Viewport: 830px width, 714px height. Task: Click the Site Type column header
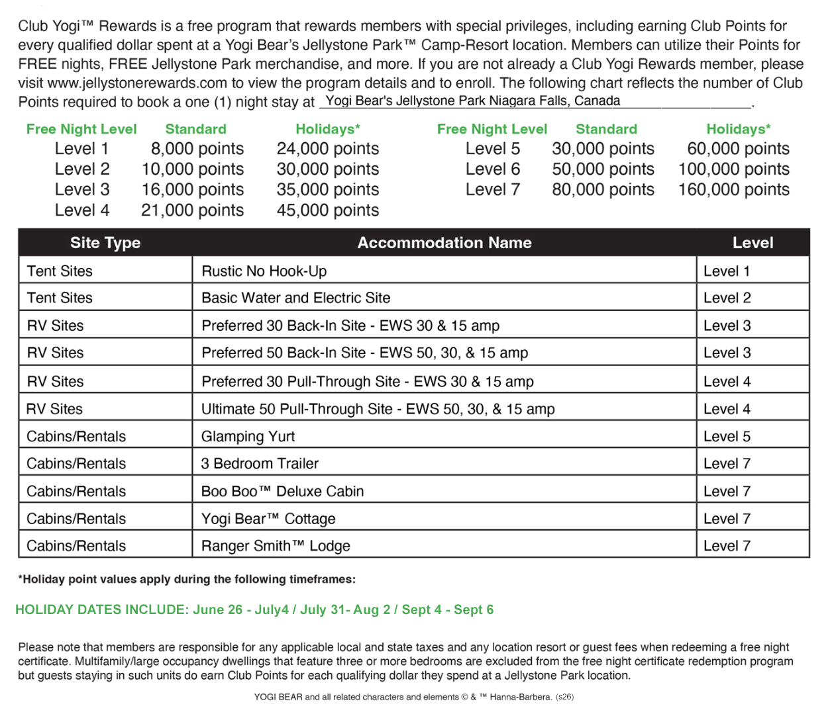coord(105,243)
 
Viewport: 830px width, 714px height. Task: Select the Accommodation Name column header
coord(444,243)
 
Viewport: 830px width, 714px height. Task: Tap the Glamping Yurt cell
coord(248,437)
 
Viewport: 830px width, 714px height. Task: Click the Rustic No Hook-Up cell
coord(264,271)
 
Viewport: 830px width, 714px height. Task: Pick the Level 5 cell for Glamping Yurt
coord(727,437)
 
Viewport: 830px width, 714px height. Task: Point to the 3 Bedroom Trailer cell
coord(260,464)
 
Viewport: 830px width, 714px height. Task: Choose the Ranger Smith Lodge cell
coord(276,546)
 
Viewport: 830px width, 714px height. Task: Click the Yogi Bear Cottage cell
coord(268,519)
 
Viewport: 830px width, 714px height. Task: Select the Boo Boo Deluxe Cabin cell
coord(282,492)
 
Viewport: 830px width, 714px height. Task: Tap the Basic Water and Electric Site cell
coord(296,298)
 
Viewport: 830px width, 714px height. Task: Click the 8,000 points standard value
coord(197,149)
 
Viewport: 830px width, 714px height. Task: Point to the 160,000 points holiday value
coord(734,190)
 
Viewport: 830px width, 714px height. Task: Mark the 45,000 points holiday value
coord(328,210)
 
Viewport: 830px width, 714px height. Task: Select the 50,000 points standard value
coord(603,169)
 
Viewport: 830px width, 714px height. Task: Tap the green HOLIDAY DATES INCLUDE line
coord(254,610)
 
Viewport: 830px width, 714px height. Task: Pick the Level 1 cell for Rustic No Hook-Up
coord(727,271)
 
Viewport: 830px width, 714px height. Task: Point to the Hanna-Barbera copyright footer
coord(414,697)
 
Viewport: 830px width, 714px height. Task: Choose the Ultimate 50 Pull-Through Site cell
coord(378,410)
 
